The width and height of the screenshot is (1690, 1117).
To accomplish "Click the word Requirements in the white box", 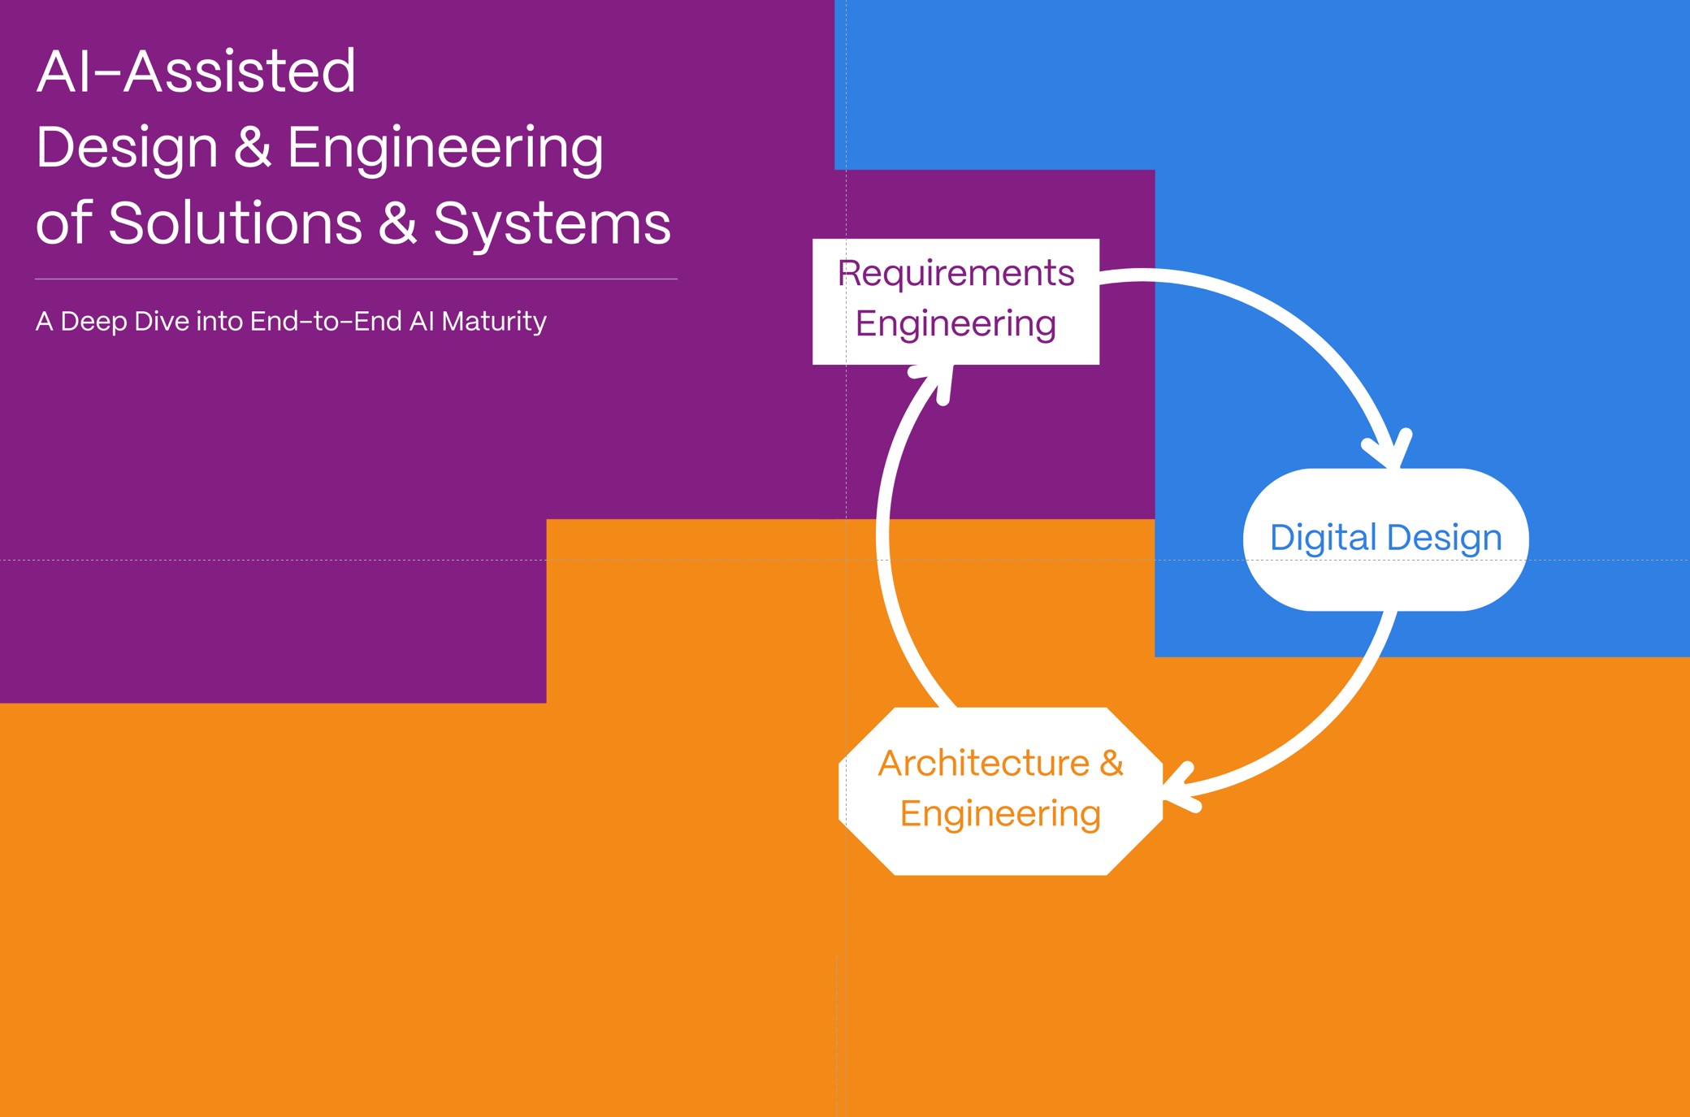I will [x=955, y=274].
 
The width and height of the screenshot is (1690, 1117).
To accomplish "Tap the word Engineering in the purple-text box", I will [x=955, y=324].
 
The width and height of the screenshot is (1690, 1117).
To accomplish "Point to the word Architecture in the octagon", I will [x=983, y=764].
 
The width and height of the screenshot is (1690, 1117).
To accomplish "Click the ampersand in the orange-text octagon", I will [x=1111, y=764].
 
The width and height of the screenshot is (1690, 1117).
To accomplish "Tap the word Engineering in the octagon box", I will [x=1000, y=814].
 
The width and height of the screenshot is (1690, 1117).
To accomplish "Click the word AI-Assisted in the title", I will [x=196, y=71].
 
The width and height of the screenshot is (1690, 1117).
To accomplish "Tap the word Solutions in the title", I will [x=235, y=223].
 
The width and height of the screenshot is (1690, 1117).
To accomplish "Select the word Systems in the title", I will [x=552, y=223].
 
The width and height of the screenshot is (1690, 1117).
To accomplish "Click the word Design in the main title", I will [x=127, y=149].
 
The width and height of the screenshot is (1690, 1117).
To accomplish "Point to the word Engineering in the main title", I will [x=445, y=149].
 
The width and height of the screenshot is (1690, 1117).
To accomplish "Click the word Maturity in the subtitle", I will [x=494, y=322].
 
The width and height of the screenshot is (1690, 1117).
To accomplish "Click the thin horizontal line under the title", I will [x=356, y=279].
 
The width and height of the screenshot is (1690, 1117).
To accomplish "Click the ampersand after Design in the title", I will [x=253, y=147].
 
